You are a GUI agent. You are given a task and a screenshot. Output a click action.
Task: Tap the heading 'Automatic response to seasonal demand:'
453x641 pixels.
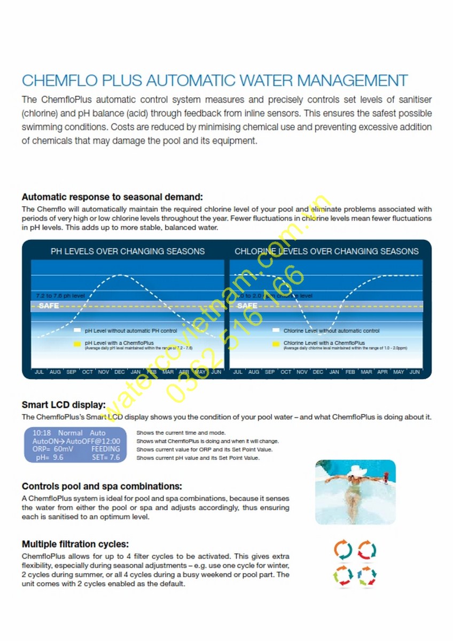point(112,197)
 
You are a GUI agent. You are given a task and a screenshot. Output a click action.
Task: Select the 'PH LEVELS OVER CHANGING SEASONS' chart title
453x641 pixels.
point(128,251)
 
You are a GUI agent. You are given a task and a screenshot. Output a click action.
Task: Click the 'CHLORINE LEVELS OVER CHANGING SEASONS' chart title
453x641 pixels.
point(326,251)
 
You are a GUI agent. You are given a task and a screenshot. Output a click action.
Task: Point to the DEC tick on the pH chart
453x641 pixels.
point(120,372)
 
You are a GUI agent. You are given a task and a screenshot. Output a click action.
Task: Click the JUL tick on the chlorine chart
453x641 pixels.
point(238,372)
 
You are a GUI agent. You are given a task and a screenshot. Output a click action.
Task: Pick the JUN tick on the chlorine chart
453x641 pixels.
point(415,372)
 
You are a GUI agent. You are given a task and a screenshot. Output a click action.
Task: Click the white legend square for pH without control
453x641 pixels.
point(77,331)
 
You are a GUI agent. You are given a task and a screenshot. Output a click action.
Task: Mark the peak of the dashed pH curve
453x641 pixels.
point(120,275)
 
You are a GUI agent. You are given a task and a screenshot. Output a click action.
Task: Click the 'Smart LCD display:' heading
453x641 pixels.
point(64,404)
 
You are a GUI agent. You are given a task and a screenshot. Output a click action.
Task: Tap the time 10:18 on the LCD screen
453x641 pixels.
point(42,433)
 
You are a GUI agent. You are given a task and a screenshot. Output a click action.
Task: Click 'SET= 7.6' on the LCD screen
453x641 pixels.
point(106,457)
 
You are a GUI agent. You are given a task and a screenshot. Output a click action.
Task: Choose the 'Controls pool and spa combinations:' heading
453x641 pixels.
point(102,487)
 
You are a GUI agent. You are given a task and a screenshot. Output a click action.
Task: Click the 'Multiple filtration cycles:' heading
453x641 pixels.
point(75,544)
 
